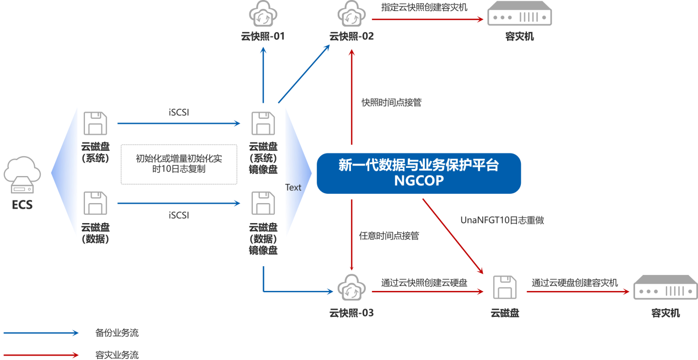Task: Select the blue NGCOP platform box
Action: click(x=419, y=173)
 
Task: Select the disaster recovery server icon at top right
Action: click(x=519, y=15)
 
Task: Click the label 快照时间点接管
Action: click(x=391, y=103)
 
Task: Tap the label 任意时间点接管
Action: click(x=388, y=236)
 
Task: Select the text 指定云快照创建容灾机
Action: click(x=424, y=7)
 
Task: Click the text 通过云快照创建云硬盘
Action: click(x=424, y=283)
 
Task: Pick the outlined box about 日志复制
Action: click(x=179, y=164)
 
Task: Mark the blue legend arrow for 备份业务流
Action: click(x=41, y=333)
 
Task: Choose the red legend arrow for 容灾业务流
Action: click(x=41, y=355)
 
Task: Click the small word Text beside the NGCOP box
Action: click(x=293, y=188)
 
